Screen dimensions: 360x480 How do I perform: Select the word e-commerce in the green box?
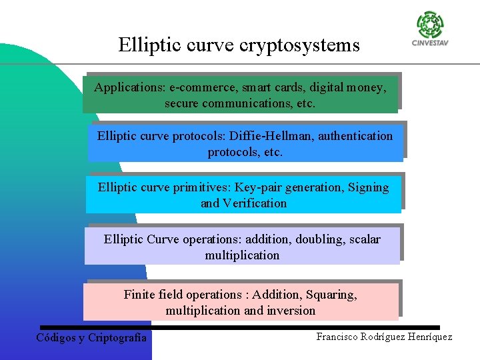coord(203,87)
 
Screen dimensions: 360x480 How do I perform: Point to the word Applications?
coord(130,87)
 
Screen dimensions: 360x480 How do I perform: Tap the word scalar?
coord(365,239)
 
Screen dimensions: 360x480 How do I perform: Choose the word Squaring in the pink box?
coord(331,294)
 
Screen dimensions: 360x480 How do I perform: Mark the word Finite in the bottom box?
coord(139,294)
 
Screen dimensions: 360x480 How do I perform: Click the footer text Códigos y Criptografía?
coord(91,337)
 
